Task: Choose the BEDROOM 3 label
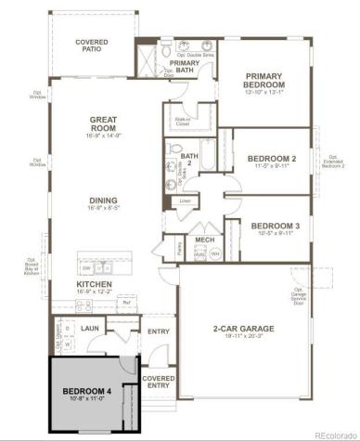[x=273, y=226]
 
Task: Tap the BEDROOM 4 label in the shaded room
[x=87, y=391]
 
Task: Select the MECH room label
[x=204, y=239]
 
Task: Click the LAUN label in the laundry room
[x=91, y=328]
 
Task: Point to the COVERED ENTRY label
[x=159, y=383]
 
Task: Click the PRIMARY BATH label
[x=183, y=68]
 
